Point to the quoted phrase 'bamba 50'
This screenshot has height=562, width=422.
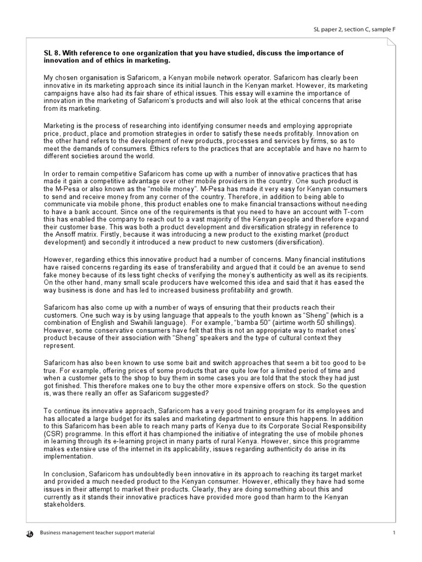pos(226,324)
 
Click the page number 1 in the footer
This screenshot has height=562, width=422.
pos(394,533)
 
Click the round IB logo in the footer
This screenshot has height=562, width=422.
pos(29,533)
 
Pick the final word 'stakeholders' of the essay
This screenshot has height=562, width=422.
pos(64,504)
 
